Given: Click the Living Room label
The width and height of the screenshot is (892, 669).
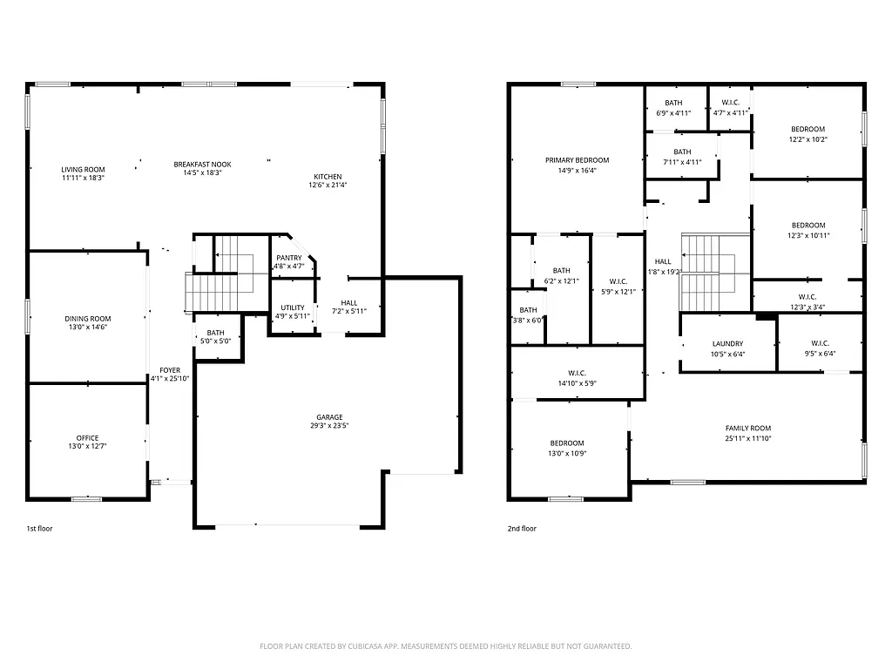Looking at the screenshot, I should (83, 169).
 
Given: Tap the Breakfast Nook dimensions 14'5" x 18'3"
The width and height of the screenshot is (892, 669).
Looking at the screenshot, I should (202, 173).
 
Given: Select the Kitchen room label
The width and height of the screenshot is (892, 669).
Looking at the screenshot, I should (328, 177).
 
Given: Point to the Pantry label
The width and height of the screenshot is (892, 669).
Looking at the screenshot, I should (289, 258).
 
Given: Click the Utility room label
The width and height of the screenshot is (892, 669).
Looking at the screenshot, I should (292, 307).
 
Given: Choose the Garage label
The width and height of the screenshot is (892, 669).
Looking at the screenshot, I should (329, 417).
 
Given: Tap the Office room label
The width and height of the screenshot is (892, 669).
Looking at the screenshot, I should (87, 438).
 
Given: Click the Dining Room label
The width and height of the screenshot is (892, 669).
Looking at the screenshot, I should (87, 319).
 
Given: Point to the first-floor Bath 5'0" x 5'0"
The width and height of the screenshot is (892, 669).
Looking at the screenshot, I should (216, 337).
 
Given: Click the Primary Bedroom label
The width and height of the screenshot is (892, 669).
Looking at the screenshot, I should (577, 160).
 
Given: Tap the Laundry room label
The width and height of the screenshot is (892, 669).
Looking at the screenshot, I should (727, 343).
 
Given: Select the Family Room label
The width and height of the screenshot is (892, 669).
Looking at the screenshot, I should (748, 428).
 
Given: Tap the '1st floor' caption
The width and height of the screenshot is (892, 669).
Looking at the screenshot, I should (40, 528).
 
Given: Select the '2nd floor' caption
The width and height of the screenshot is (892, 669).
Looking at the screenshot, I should (522, 528).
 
